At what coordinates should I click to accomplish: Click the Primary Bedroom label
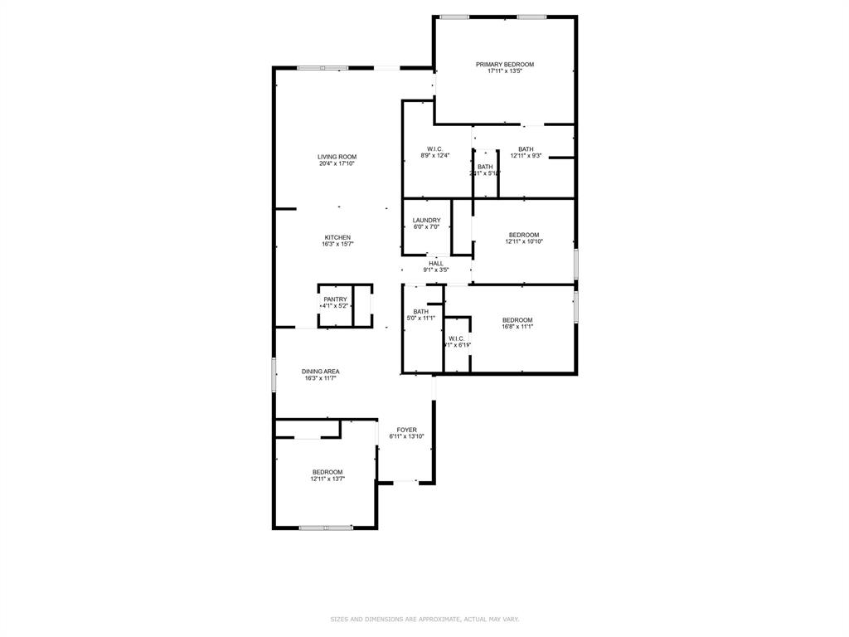coord(504,64)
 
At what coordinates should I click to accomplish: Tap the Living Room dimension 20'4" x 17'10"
coord(337,163)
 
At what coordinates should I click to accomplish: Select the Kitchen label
coord(337,237)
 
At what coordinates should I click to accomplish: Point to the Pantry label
coord(335,299)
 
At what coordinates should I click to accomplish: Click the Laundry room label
coord(426,220)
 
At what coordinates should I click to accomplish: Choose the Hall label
coord(435,263)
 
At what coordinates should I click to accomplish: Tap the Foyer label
coord(406,430)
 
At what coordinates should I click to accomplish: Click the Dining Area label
coord(320,372)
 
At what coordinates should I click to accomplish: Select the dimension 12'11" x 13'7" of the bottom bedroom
coord(327,479)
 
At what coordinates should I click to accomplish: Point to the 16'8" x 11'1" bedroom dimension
coord(517,327)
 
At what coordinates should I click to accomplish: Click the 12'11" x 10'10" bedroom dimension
coord(523,241)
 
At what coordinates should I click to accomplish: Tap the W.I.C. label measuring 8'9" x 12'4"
coord(434,149)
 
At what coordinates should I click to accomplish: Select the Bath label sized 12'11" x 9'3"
coord(526,149)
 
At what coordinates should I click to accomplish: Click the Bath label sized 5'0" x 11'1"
coord(421,312)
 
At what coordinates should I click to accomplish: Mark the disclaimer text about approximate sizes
coord(424,619)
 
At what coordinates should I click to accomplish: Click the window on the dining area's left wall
coord(274,373)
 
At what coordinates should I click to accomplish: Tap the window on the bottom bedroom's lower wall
coord(325,528)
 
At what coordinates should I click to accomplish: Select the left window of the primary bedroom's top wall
coord(454,17)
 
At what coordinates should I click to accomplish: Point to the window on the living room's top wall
coord(323,68)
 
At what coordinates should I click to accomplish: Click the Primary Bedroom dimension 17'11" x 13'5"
coord(504,71)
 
